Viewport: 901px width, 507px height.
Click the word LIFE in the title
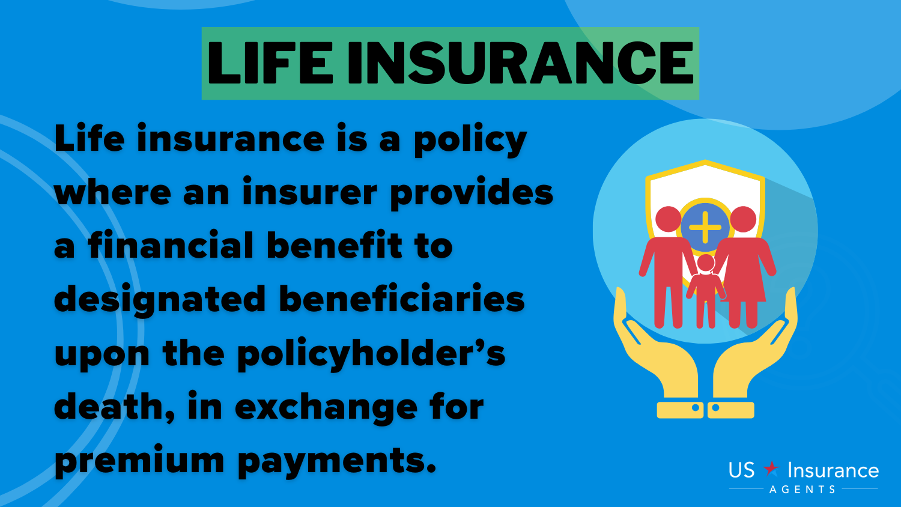click(x=270, y=63)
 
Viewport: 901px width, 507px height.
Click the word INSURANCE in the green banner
click(x=521, y=63)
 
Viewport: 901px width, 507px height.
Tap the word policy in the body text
click(x=470, y=140)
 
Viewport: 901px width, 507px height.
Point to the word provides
click(x=472, y=193)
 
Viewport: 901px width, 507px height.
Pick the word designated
click(x=160, y=300)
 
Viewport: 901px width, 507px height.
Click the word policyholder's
click(x=371, y=354)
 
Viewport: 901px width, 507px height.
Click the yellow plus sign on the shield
click(x=705, y=227)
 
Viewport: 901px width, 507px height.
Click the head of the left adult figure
click(x=669, y=219)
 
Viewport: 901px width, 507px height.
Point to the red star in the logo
click(x=771, y=469)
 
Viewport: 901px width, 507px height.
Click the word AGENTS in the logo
click(x=802, y=490)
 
